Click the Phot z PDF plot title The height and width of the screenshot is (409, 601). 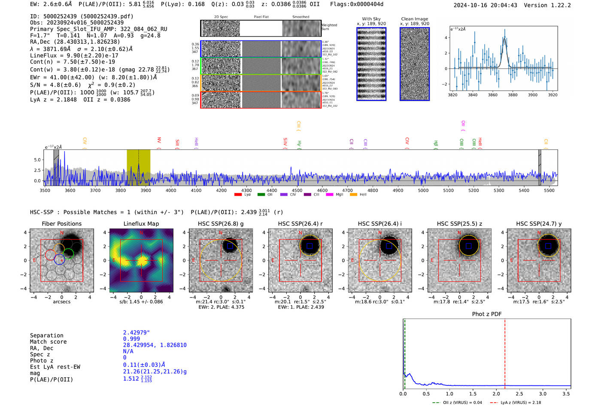click(x=487, y=314)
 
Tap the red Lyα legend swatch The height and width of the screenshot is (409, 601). click(x=238, y=195)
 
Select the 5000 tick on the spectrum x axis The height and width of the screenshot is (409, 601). click(x=423, y=190)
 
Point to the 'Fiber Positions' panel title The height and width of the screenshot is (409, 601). click(x=61, y=224)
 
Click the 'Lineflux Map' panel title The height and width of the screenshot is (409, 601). click(x=141, y=224)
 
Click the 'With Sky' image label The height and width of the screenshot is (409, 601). click(x=371, y=19)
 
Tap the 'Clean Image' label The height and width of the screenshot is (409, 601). click(x=414, y=19)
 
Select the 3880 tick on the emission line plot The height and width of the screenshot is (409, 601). click(x=513, y=95)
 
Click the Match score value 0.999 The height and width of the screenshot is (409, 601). click(x=131, y=339)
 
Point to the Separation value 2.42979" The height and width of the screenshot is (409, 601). click(x=137, y=333)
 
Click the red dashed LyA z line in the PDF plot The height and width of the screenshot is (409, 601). click(x=505, y=352)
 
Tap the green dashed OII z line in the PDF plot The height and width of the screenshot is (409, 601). click(x=404, y=352)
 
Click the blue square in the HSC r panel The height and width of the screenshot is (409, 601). click(x=310, y=246)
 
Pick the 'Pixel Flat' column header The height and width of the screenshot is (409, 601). click(x=261, y=17)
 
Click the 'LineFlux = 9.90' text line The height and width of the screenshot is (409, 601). click(x=74, y=55)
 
